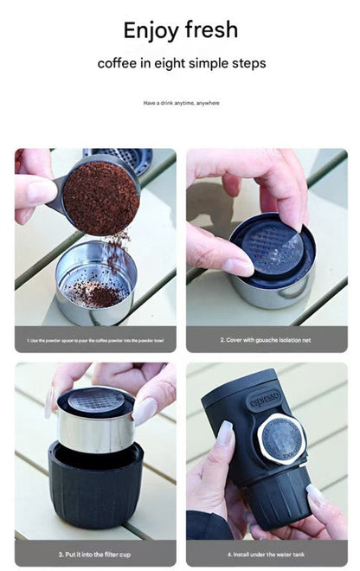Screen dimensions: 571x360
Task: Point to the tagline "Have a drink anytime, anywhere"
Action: tap(181, 103)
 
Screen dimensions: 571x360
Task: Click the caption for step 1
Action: tap(95, 339)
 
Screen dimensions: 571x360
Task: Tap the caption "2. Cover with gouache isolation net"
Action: tap(267, 339)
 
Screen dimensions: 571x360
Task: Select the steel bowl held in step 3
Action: tap(95, 430)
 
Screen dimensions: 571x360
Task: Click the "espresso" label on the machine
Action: tap(265, 401)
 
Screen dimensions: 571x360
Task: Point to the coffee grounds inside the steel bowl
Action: tap(102, 296)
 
